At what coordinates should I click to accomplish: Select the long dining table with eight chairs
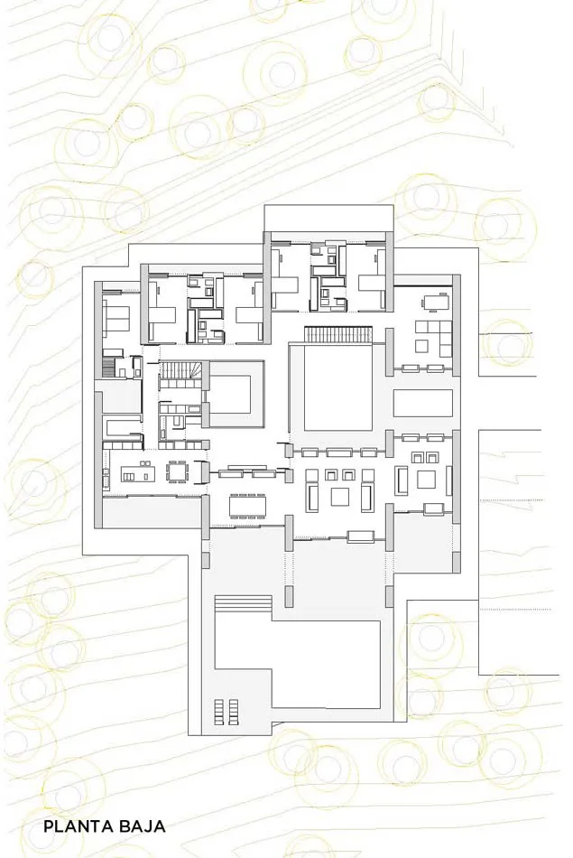click(x=248, y=506)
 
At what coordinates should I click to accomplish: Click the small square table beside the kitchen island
click(x=177, y=471)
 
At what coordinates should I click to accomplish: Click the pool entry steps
click(x=244, y=604)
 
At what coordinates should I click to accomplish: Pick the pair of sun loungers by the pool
click(x=226, y=712)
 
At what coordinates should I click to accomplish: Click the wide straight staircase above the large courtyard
click(x=338, y=334)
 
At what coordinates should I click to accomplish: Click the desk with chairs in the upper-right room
click(x=435, y=302)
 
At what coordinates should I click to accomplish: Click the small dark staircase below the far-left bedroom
click(x=110, y=367)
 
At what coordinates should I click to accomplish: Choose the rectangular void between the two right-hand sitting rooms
click(x=423, y=404)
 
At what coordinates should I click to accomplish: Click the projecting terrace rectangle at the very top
click(x=328, y=218)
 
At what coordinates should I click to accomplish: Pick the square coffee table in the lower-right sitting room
click(x=426, y=480)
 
